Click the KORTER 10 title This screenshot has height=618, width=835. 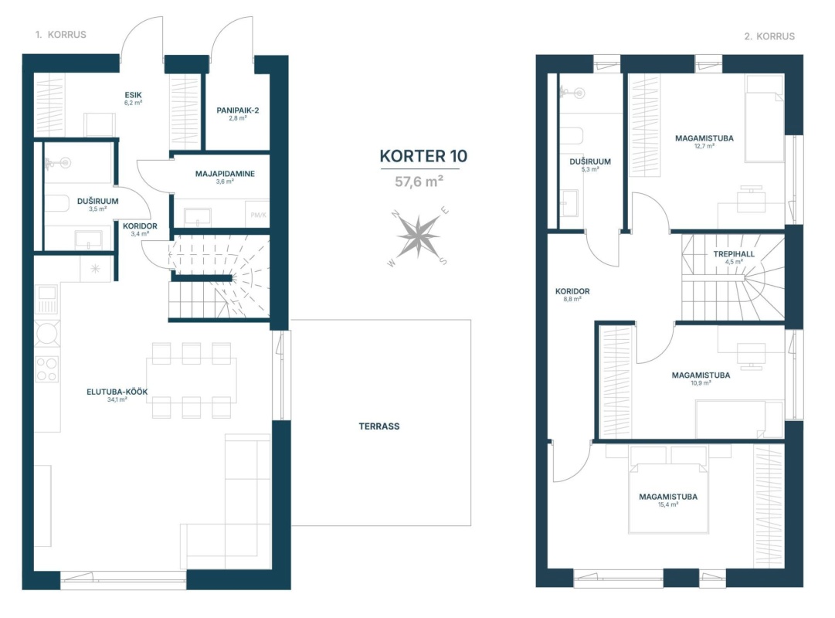coord(423,156)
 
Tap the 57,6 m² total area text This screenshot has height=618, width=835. coord(419,182)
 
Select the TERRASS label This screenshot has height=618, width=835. coord(379,426)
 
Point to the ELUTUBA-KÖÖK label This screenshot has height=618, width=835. coord(117,392)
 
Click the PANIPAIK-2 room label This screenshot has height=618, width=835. coord(237,110)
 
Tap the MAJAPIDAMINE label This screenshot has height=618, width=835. coord(225,174)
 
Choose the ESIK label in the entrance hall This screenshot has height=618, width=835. coord(133,95)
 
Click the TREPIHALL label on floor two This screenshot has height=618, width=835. coord(734,254)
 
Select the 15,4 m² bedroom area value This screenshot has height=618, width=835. coord(668,504)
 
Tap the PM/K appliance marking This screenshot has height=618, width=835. coord(258,216)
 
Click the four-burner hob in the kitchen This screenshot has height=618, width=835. coord(46,368)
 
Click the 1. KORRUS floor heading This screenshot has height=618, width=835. coord(61,35)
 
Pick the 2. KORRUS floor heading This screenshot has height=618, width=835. coord(769,36)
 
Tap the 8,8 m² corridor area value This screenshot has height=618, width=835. coord(572,300)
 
